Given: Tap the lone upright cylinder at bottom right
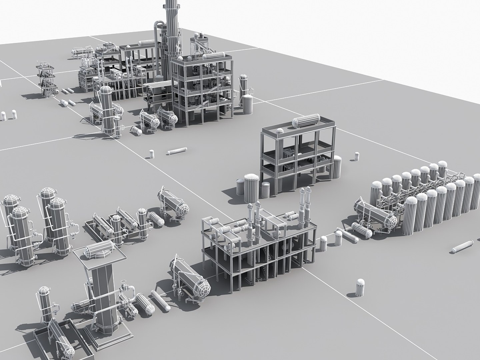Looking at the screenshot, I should pos(360,287).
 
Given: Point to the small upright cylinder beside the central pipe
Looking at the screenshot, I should pos(152,154).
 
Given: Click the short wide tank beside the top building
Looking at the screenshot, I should pos(248,104).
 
